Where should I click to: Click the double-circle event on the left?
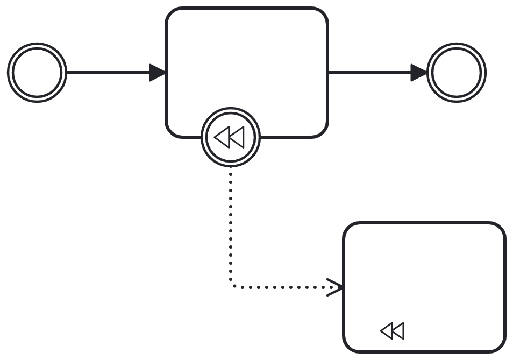pos(37,73)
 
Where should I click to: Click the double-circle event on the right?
pos(457,73)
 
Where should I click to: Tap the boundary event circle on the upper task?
pos(231,137)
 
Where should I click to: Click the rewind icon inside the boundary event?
pos(229,138)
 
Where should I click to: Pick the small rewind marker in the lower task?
pos(392,331)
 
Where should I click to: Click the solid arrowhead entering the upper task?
pos(158,73)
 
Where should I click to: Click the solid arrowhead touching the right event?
pos(419,73)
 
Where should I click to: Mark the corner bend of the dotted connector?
pos(232,286)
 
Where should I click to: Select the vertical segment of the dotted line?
pos(231,226)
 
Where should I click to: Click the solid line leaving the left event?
pos(108,73)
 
